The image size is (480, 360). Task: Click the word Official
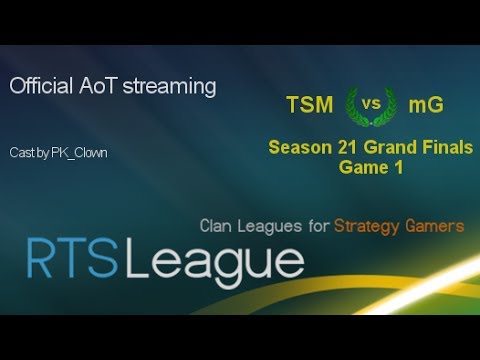pos(41,87)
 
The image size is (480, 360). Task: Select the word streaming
pos(168,87)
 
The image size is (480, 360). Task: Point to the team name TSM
pos(308,105)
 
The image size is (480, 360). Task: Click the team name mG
pos(424,105)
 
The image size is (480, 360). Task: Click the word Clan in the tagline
pos(218,227)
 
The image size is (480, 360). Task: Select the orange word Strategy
pos(370,227)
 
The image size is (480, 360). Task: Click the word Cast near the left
pos(20,153)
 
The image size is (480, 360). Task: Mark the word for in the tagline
pos(319,227)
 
